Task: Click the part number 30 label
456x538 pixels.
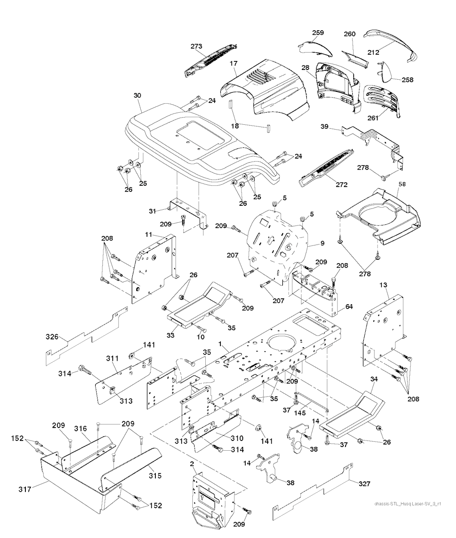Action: tap(137, 95)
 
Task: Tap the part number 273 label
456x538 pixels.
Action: tap(196, 46)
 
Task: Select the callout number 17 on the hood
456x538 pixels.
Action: tap(233, 64)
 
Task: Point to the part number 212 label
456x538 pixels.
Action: tap(373, 52)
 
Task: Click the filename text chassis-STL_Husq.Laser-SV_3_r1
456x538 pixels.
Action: tap(407, 504)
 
